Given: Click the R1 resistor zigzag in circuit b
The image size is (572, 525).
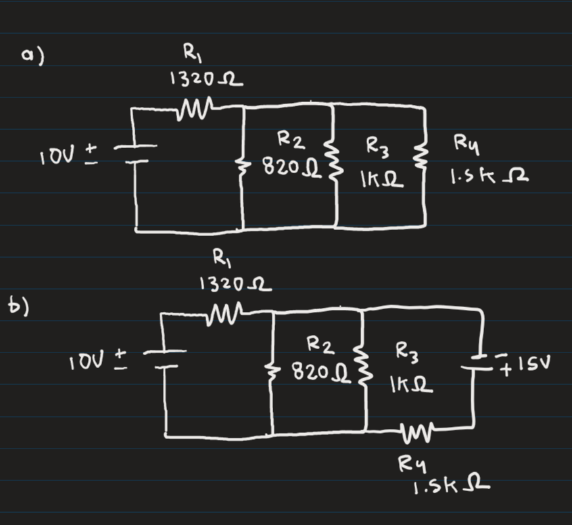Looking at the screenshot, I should coord(224,312).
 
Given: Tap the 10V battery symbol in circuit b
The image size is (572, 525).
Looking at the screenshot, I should coord(165,359).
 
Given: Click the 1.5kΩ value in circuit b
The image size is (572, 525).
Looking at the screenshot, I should coord(450,485).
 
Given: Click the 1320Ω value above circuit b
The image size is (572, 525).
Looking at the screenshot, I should coord(235,286).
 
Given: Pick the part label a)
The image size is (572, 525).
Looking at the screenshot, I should coord(31,57).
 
